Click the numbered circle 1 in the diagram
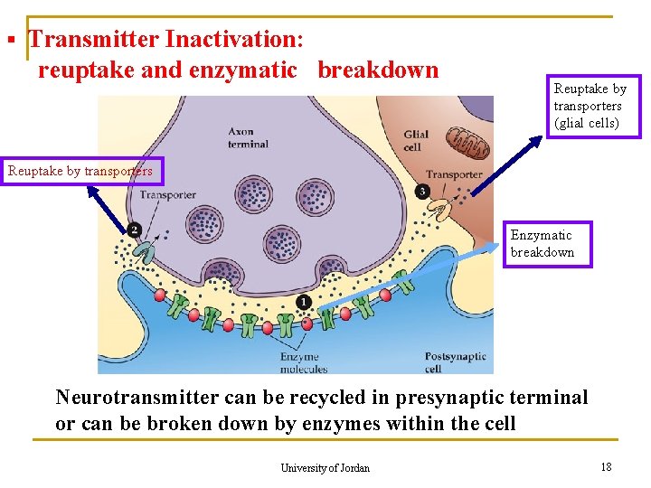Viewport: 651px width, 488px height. click(304, 301)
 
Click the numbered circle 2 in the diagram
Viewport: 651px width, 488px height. click(134, 230)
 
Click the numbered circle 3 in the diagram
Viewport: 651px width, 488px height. click(422, 192)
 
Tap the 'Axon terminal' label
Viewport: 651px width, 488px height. click(248, 137)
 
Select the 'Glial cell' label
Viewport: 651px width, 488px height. click(416, 141)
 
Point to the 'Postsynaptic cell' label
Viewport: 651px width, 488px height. click(455, 362)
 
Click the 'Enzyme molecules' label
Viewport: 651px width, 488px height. click(299, 362)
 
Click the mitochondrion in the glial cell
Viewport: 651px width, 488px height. click(468, 143)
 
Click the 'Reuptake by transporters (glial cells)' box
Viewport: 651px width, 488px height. click(593, 106)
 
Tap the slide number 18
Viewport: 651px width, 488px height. click(605, 466)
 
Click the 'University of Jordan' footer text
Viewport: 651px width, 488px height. click(325, 467)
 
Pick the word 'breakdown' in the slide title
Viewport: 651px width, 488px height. click(377, 70)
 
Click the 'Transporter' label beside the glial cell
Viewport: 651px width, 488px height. click(454, 174)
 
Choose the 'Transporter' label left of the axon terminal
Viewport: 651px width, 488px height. click(168, 194)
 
